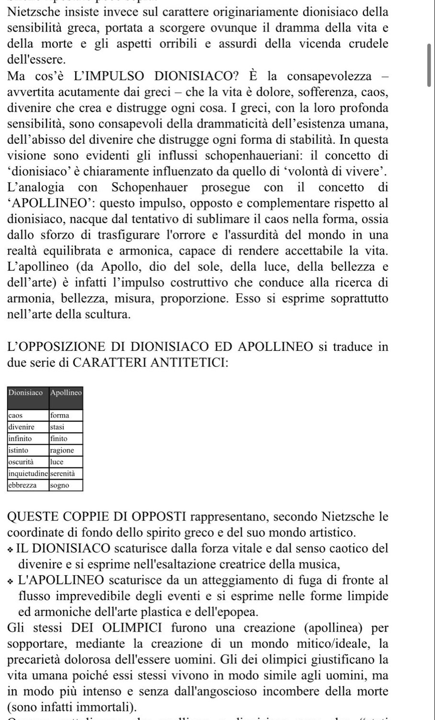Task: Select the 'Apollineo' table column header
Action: click(x=66, y=393)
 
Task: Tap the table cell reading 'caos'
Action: click(x=16, y=415)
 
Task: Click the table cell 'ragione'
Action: click(x=62, y=450)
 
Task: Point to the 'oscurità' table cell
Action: click(x=21, y=462)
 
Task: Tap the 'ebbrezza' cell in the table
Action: click(x=23, y=485)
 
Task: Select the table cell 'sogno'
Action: click(x=59, y=485)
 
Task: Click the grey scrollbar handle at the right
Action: click(x=429, y=65)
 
